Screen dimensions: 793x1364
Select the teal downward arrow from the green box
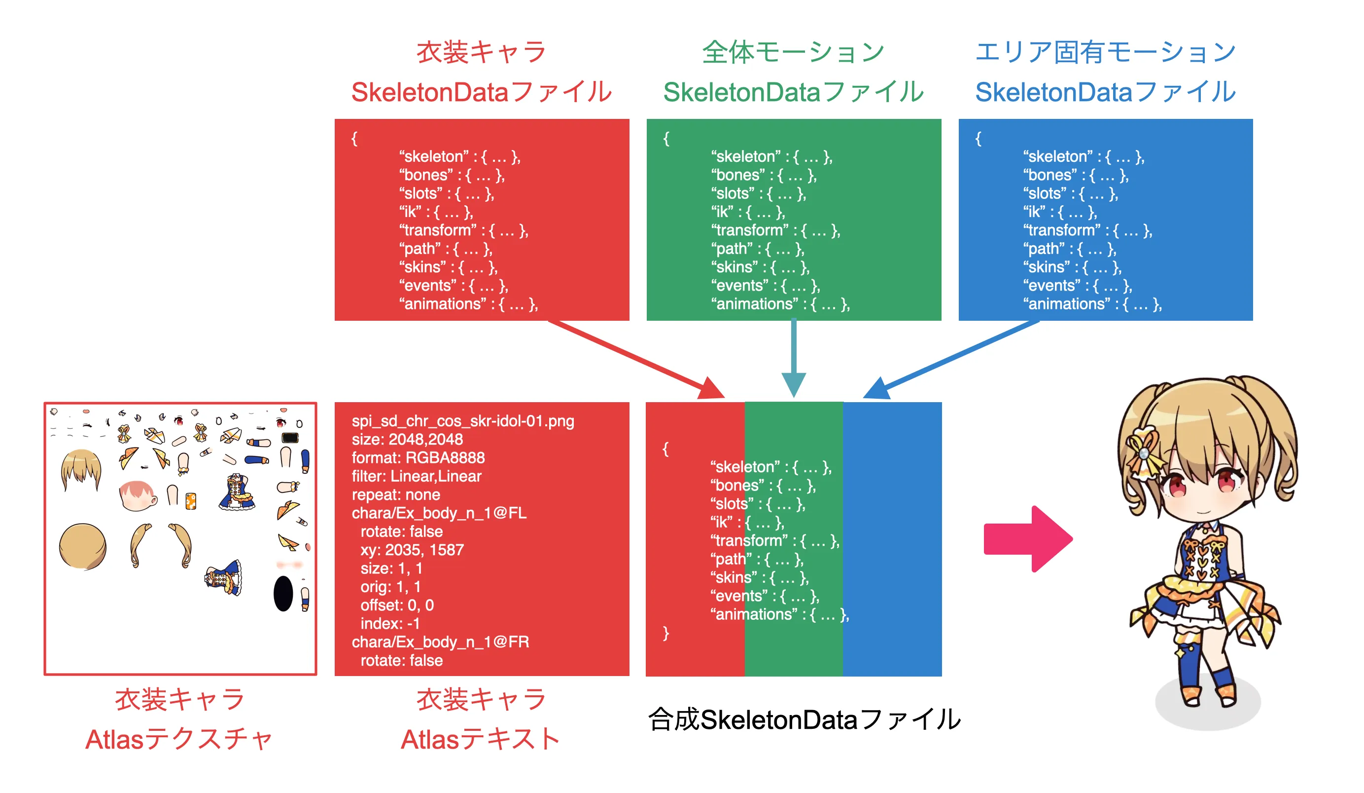(x=794, y=357)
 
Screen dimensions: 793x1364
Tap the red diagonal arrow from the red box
(x=639, y=360)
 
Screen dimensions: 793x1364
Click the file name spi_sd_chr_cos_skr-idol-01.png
(x=463, y=421)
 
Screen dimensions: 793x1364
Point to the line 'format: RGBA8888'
(x=418, y=458)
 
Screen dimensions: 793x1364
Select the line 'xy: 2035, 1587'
(x=412, y=550)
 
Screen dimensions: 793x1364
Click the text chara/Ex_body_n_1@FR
(x=440, y=642)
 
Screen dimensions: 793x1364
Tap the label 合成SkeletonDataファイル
(x=804, y=719)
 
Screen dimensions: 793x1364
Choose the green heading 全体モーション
(x=793, y=52)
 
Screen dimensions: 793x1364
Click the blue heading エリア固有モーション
(x=1105, y=52)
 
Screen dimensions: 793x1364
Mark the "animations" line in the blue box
(x=1092, y=304)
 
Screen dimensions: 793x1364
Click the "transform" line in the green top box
(x=775, y=230)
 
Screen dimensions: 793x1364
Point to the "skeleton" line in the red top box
(x=459, y=156)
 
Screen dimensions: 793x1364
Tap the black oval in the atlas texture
(x=283, y=594)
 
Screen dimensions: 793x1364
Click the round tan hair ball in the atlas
(x=83, y=546)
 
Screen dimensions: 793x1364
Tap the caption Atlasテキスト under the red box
(x=480, y=739)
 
